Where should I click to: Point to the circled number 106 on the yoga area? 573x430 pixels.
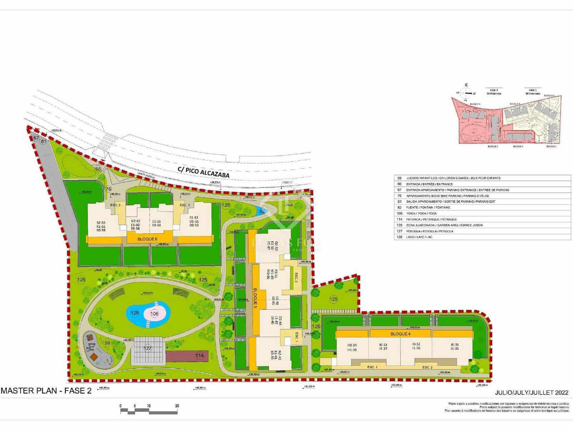pyautogui.click(x=154, y=314)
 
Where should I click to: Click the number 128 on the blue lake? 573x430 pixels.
pyautogui.click(x=134, y=313)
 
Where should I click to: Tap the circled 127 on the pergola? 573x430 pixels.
pyautogui.click(x=148, y=348)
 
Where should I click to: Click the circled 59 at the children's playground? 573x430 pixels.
pyautogui.click(x=107, y=343)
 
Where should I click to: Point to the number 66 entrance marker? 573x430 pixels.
pyautogui.click(x=98, y=169)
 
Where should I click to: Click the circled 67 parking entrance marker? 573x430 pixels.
pyautogui.click(x=36, y=138)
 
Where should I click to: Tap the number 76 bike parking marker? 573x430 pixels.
pyautogui.click(x=109, y=189)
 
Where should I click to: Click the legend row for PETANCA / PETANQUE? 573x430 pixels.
pyautogui.click(x=482, y=219)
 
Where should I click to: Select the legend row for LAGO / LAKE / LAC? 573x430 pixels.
pyautogui.click(x=482, y=237)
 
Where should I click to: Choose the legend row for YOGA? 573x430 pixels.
pyautogui.click(x=482, y=213)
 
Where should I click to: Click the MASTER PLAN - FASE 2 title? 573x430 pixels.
pyautogui.click(x=46, y=391)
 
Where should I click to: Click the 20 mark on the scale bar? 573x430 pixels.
pyautogui.click(x=177, y=406)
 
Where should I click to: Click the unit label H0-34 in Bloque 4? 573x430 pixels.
pyautogui.click(x=352, y=345)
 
